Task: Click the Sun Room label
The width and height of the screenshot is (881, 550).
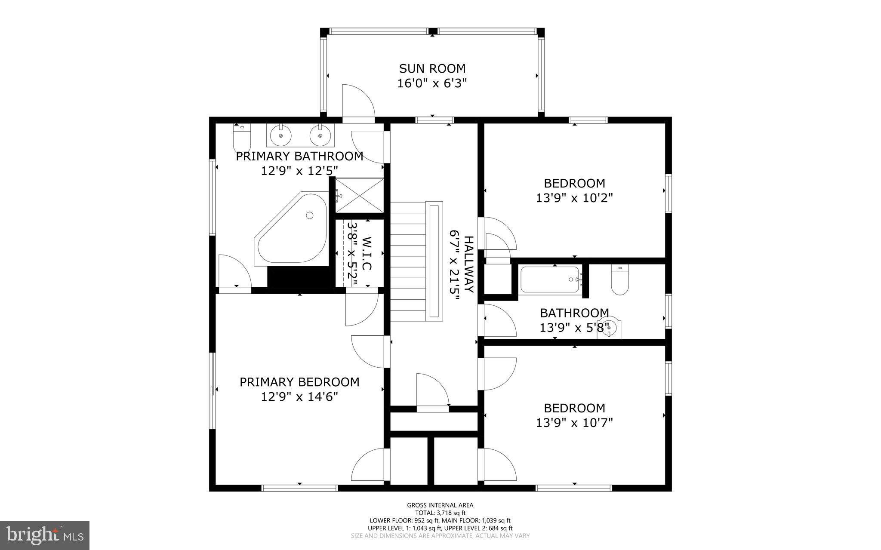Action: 432,69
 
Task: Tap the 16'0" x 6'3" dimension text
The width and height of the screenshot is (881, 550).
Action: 432,83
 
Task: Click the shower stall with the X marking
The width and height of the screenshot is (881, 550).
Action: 359,195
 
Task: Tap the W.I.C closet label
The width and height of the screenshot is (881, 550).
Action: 366,253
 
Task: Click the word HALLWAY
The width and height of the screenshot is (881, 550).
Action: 468,264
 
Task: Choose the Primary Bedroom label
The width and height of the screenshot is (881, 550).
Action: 299,382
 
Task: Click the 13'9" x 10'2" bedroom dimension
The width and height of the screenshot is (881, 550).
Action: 574,198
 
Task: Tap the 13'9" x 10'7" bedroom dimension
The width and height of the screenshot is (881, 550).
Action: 574,423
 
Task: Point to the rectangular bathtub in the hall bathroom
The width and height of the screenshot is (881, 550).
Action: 550,280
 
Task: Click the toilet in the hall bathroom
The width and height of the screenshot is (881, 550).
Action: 620,280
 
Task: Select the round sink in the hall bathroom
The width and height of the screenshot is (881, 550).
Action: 610,328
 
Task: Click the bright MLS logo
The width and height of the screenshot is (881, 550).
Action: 45,535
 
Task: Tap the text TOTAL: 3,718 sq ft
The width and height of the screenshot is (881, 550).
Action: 440,513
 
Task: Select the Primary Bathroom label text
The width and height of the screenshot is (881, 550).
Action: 299,156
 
